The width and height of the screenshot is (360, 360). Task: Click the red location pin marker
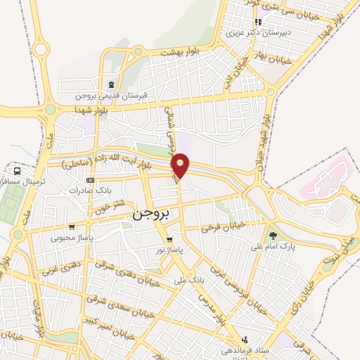(x=181, y=165)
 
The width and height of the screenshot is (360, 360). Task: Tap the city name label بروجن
(x=150, y=214)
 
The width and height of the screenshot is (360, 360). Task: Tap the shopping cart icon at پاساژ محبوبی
(x=72, y=227)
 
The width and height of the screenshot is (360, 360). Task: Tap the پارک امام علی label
(x=274, y=247)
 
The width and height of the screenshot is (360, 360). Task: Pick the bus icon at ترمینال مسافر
(x=16, y=171)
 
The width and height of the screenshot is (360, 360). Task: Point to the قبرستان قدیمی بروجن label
(x=110, y=94)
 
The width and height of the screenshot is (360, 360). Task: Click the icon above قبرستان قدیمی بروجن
(x=110, y=85)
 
